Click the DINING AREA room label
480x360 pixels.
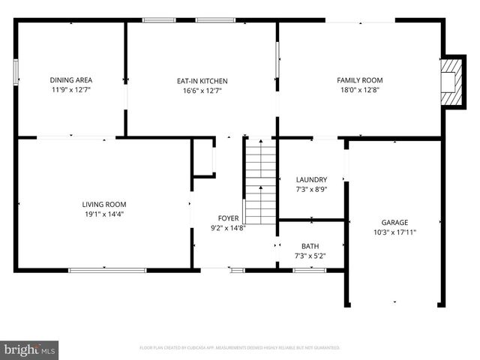tap(71, 80)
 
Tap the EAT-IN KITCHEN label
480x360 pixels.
tap(202, 81)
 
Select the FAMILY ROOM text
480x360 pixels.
tap(360, 80)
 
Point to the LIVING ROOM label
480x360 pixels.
tap(104, 204)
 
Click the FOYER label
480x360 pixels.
tap(228, 218)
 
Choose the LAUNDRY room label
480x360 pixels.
tap(311, 180)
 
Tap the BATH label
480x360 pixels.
tap(310, 246)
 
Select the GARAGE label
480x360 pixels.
tap(394, 222)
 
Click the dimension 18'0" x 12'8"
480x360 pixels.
tap(360, 90)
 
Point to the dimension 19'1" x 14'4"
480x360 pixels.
tap(104, 214)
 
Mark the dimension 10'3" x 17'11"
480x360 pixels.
tap(394, 232)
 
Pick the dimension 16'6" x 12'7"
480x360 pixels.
tap(202, 91)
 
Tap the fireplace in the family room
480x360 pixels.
tap(449, 81)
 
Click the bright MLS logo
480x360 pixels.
tap(30, 349)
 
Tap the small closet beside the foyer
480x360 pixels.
tap(203, 158)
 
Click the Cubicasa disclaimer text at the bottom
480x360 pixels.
tap(240, 348)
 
